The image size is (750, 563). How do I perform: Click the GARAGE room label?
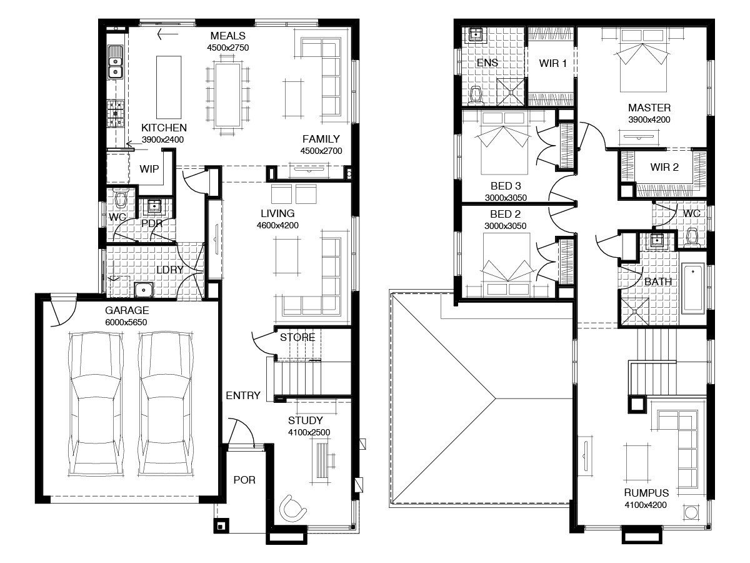pos(127,310)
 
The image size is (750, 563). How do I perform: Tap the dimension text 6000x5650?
pos(126,322)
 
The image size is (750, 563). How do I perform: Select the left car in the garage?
pos(96,403)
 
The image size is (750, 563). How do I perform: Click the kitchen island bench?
pos(169,88)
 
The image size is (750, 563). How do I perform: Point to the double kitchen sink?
pos(115,62)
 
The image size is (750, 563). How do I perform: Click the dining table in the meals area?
pos(227,94)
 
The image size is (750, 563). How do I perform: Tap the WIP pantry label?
pos(149,169)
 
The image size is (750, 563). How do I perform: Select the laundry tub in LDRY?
pos(144,290)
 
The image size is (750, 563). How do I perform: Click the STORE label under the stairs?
pos(297,337)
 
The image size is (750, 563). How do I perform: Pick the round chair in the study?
pos(292,508)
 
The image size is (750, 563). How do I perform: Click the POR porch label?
pos(244,480)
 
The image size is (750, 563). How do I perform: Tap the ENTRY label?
pos(243,395)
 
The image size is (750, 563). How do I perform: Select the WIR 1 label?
pos(552,63)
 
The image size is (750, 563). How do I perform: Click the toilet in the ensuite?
pos(476,94)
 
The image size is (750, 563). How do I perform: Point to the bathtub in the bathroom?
pos(692,288)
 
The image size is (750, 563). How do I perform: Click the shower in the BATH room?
pos(636,312)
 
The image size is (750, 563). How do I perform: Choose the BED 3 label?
pos(506,186)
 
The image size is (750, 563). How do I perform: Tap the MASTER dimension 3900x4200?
pos(649,119)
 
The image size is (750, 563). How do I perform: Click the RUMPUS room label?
pos(646,493)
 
